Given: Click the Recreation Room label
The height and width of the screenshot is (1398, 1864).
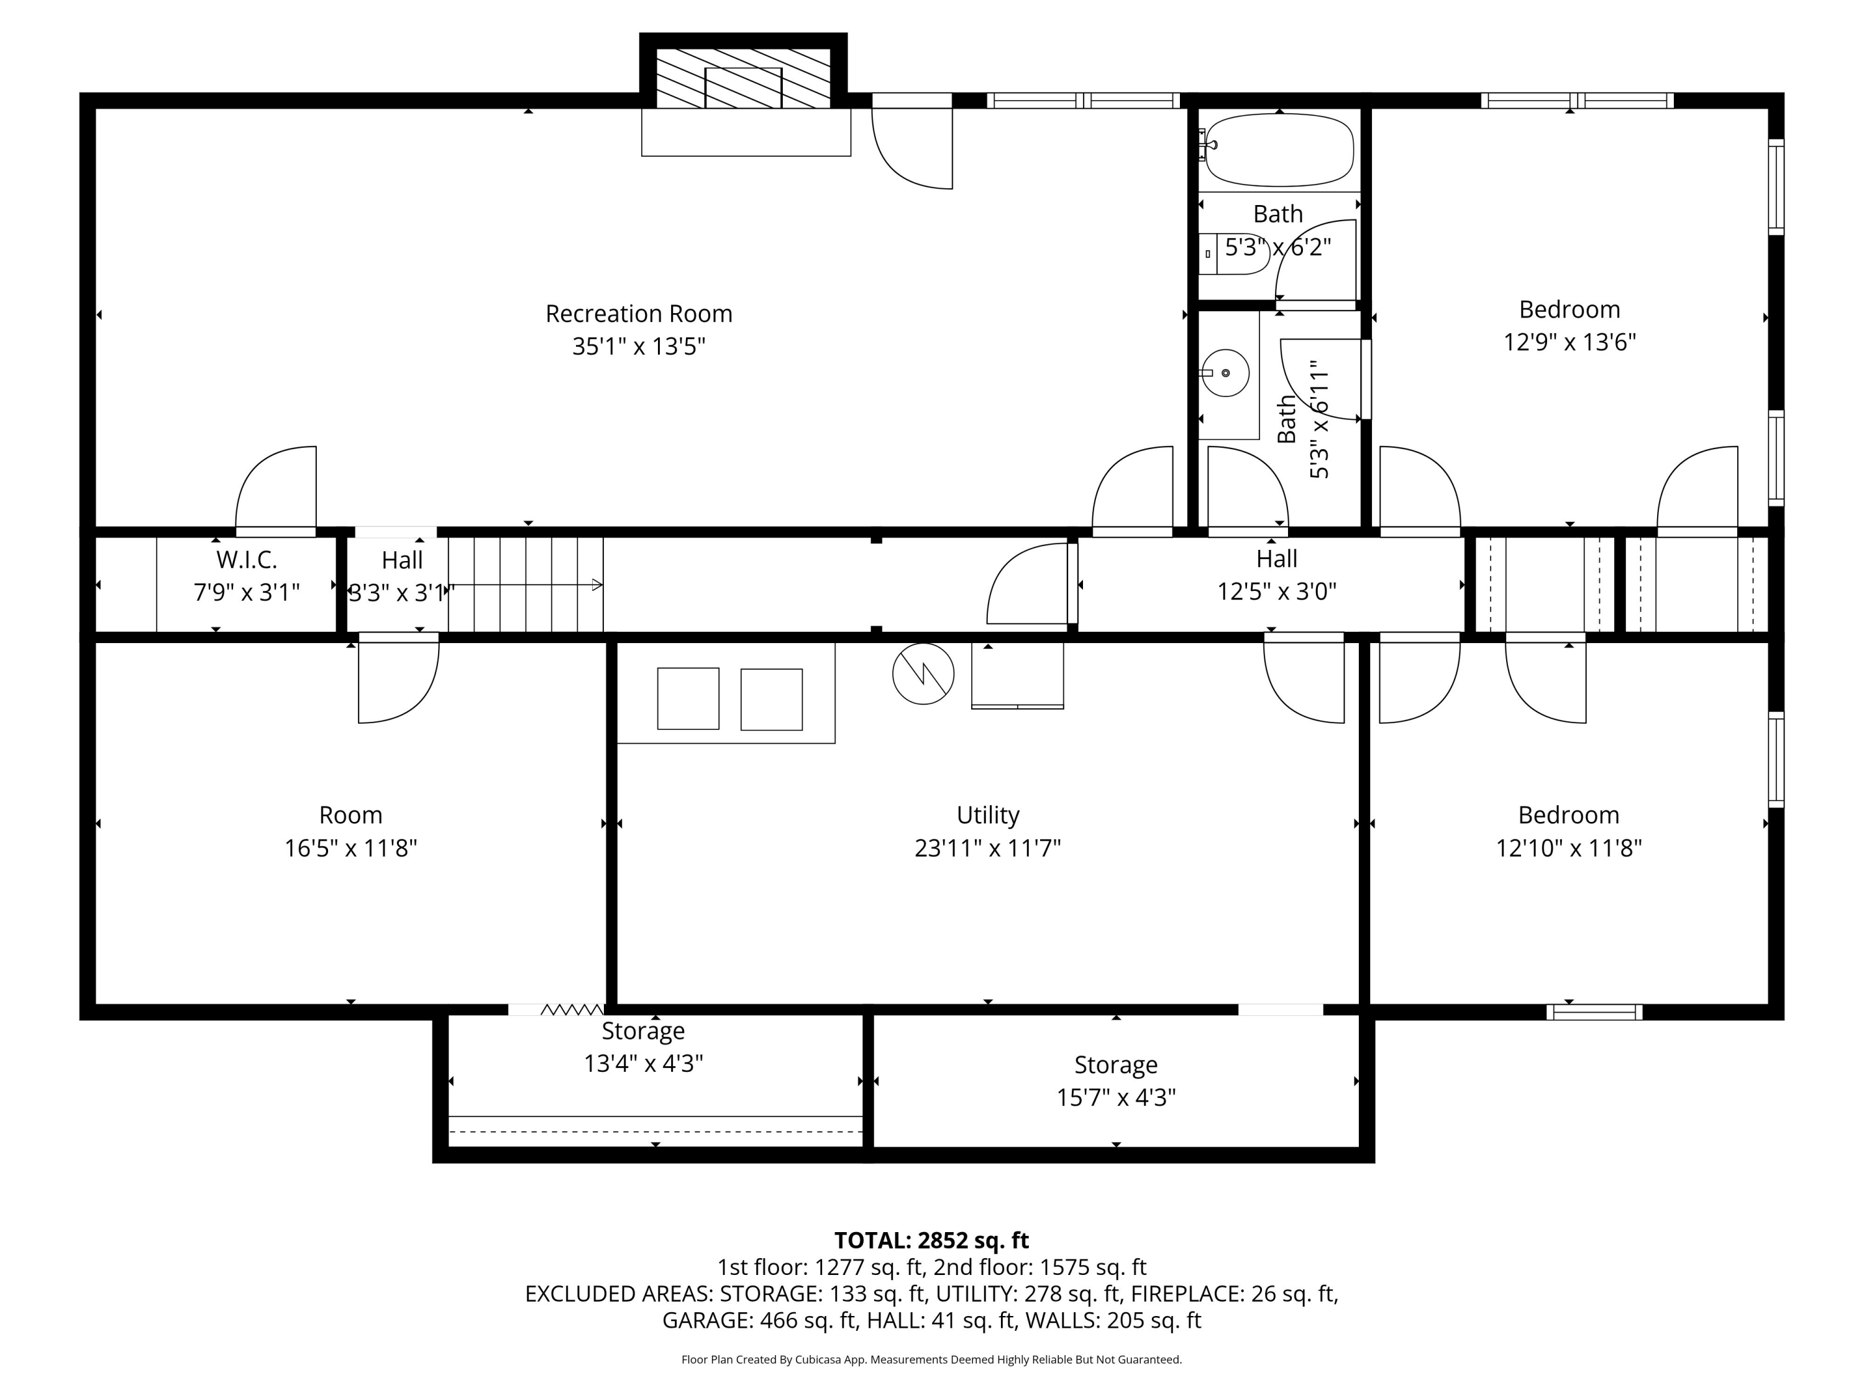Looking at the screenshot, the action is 639,314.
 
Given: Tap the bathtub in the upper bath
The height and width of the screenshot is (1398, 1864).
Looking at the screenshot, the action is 1279,150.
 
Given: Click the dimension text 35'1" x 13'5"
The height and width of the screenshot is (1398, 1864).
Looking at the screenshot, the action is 639,346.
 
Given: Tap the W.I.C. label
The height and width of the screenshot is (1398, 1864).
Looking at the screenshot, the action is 246,560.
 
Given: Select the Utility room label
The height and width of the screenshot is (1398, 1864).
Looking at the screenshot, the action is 988,815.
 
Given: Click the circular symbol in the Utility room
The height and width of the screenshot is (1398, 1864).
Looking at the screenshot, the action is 923,674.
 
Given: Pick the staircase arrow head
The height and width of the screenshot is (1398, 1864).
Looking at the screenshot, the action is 598,585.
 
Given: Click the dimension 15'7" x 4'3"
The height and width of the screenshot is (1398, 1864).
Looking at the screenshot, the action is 1117,1097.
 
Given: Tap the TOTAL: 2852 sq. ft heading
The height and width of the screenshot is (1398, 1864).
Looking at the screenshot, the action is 931,1240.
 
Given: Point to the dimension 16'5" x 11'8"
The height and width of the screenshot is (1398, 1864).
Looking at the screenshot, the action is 350,847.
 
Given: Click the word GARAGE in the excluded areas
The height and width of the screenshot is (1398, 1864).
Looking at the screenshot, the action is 707,1320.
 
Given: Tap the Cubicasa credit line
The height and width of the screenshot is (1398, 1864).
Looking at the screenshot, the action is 931,1359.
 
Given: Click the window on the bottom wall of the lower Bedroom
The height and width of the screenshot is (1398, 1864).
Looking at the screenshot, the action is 1594,1012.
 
